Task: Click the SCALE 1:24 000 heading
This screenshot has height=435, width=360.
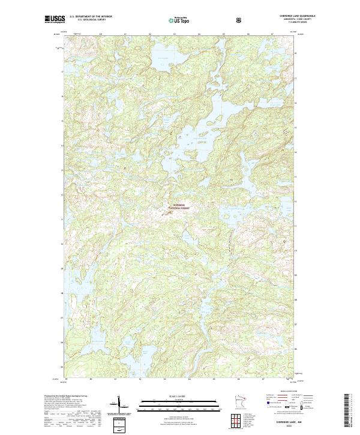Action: tap(174, 396)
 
